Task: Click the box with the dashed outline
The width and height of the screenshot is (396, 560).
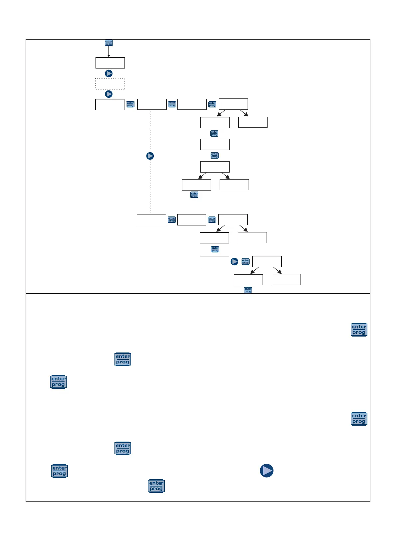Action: coord(110,84)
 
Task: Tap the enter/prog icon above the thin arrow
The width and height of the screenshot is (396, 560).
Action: coord(109,43)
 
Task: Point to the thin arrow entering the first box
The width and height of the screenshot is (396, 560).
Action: coord(109,52)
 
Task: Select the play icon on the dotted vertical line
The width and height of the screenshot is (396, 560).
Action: coord(150,156)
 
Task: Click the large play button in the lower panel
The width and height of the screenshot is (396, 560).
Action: coord(267,471)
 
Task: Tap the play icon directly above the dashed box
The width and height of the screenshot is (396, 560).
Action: coord(109,73)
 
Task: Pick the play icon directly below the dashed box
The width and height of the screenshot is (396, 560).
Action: coord(109,94)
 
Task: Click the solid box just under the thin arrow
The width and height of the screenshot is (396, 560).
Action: coord(110,63)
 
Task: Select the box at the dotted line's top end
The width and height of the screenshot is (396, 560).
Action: coord(152,104)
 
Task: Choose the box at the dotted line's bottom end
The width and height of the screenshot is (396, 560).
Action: coord(151,219)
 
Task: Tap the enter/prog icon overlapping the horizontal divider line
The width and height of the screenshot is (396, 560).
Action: coord(248,290)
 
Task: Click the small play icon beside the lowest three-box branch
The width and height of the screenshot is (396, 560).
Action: coord(235,262)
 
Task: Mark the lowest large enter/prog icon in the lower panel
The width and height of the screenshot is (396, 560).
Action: coord(156,486)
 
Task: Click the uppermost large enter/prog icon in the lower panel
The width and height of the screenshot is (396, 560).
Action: coord(359,330)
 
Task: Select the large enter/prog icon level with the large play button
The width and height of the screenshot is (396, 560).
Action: coord(60,471)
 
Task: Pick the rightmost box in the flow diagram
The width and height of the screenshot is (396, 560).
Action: coord(286,280)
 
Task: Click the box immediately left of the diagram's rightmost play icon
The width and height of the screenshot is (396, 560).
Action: coord(214,262)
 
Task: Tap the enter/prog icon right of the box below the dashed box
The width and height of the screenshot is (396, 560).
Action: coord(130,104)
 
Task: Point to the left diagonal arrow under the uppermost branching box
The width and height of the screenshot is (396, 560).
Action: coord(221,113)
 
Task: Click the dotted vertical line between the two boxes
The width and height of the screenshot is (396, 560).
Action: coord(150,133)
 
